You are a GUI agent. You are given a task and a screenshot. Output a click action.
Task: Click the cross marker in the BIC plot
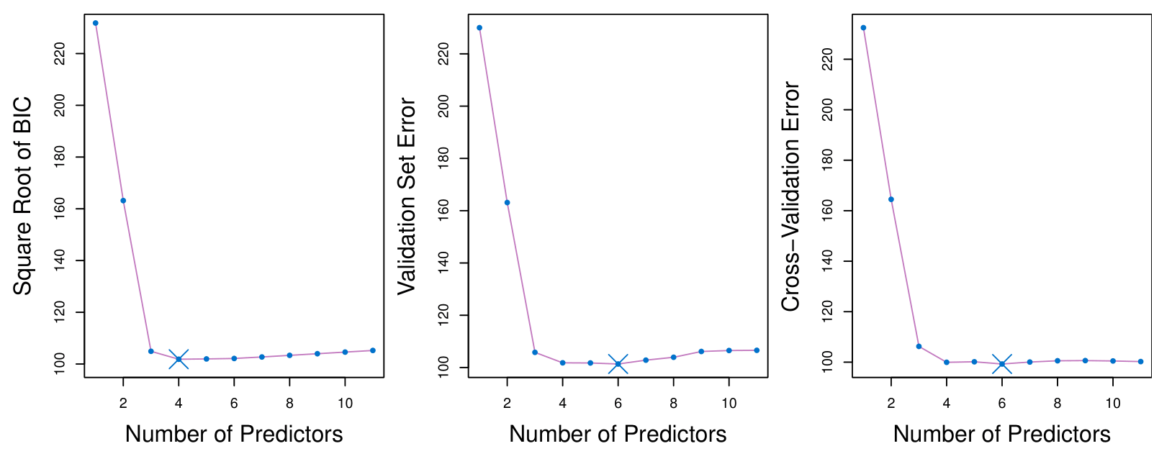pyautogui.click(x=179, y=359)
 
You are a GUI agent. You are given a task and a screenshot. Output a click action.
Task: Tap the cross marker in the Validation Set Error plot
pyautogui.click(x=618, y=364)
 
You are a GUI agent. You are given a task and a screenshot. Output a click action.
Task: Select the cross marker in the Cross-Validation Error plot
pyautogui.click(x=1001, y=364)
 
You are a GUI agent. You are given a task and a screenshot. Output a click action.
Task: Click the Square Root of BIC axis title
pyautogui.click(x=23, y=196)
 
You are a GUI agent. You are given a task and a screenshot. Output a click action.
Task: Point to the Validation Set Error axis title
pyautogui.click(x=407, y=196)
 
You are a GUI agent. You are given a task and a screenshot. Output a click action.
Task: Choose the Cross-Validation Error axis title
pyautogui.click(x=790, y=196)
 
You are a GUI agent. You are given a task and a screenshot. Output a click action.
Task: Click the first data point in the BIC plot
pyautogui.click(x=96, y=23)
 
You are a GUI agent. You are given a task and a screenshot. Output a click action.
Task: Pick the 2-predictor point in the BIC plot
pyautogui.click(x=123, y=201)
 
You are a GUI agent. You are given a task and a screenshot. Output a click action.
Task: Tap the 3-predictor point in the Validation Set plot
pyautogui.click(x=535, y=352)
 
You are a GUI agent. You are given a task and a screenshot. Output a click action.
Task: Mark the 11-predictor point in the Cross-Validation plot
pyautogui.click(x=1140, y=362)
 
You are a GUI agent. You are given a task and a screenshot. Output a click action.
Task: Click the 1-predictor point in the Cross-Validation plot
pyautogui.click(x=863, y=28)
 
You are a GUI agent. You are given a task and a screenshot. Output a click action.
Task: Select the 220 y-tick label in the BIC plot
pyautogui.click(x=60, y=53)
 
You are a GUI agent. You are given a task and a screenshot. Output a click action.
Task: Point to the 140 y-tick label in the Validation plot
pyautogui.click(x=443, y=263)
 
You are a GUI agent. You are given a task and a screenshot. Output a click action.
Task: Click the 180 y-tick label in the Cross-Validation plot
pyautogui.click(x=827, y=160)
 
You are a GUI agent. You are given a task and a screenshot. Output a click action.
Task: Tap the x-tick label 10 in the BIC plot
pyautogui.click(x=345, y=404)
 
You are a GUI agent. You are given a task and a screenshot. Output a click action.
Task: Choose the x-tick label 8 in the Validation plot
pyautogui.click(x=673, y=404)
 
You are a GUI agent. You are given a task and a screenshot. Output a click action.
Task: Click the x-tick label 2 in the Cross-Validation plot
pyautogui.click(x=891, y=404)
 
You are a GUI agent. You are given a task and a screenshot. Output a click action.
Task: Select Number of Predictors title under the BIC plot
pyautogui.click(x=234, y=435)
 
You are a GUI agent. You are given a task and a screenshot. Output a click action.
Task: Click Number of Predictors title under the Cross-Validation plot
pyautogui.click(x=1001, y=435)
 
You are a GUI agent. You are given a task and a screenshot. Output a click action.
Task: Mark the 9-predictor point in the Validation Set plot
pyautogui.click(x=701, y=351)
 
